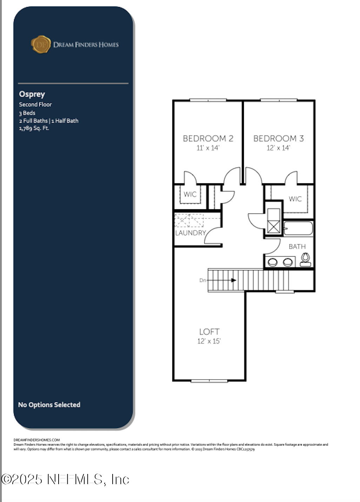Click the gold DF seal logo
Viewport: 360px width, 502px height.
click(x=41, y=45)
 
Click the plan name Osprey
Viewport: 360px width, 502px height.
click(x=32, y=94)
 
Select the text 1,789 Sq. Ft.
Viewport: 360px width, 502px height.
click(x=34, y=128)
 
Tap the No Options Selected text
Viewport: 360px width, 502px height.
click(x=49, y=405)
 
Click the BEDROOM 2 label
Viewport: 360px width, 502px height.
click(x=208, y=138)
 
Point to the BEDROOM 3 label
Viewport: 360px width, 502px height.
click(x=278, y=138)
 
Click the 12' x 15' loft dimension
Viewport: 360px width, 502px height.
click(x=209, y=341)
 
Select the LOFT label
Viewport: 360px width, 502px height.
click(x=209, y=332)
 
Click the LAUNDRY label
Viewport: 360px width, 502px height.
click(x=190, y=233)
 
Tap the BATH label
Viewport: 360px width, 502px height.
click(x=297, y=246)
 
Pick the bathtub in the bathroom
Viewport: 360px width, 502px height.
click(x=298, y=228)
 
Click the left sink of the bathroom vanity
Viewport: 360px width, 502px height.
click(x=273, y=262)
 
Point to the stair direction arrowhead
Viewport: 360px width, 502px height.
click(x=234, y=280)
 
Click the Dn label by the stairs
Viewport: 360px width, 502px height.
click(x=203, y=280)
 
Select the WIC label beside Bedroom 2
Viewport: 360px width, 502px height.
click(x=190, y=194)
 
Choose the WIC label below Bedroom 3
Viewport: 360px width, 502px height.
click(x=295, y=199)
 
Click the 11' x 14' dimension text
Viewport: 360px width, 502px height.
click(x=208, y=148)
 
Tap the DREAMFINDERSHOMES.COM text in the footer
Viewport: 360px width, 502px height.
click(x=36, y=440)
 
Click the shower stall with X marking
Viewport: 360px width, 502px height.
click(x=274, y=221)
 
